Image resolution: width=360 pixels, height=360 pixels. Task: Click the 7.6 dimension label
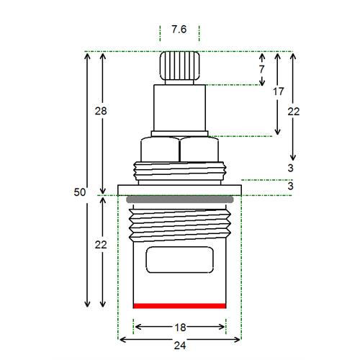click(179, 30)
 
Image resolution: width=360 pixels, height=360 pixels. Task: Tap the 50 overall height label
click(80, 192)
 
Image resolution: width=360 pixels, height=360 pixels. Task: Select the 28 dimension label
click(101, 111)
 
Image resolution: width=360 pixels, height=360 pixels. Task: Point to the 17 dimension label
click(278, 91)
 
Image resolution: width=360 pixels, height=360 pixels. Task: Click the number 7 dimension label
click(261, 69)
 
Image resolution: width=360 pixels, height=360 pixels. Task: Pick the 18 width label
click(180, 328)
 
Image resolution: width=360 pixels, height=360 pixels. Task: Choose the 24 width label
click(180, 346)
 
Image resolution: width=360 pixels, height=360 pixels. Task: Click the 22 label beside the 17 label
click(294, 112)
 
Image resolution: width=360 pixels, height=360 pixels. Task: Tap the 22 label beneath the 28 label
click(101, 245)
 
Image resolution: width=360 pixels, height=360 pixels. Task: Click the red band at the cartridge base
click(179, 306)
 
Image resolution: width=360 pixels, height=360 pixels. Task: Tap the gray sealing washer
click(179, 199)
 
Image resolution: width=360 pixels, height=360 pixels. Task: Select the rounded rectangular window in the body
click(180, 260)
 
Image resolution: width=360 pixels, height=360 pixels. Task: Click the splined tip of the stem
click(179, 66)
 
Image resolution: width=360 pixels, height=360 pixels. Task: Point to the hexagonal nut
click(179, 149)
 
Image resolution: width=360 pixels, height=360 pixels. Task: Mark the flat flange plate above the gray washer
click(179, 190)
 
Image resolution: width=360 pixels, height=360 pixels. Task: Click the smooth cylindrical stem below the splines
click(179, 108)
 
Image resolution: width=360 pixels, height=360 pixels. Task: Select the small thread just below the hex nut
click(180, 171)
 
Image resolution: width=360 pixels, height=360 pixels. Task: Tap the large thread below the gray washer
click(180, 225)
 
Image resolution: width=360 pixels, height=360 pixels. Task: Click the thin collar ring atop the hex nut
click(179, 134)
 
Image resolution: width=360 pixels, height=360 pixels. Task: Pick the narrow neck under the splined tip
click(179, 82)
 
